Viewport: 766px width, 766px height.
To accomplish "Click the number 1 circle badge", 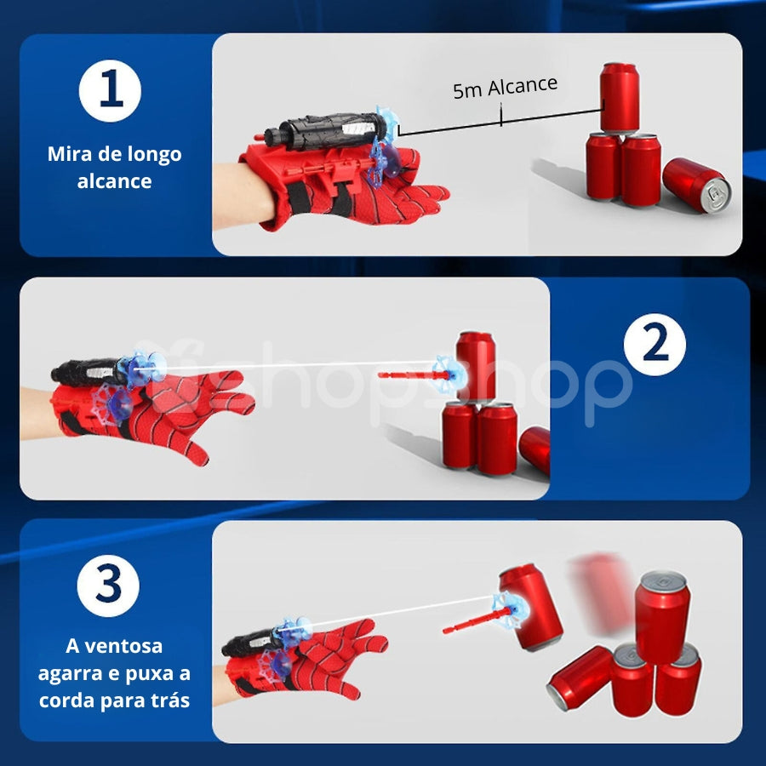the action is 110,90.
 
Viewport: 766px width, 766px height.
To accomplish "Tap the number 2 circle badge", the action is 655,345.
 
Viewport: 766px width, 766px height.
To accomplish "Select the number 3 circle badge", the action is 108,586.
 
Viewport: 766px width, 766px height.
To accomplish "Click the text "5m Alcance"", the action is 505,88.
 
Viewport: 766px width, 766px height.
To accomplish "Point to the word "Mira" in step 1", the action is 71,154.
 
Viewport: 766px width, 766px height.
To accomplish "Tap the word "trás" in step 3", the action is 170,700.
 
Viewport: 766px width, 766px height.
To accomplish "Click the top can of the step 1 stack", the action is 620,98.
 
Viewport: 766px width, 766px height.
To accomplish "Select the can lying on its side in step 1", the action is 696,185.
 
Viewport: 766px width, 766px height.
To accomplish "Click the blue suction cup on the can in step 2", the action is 449,374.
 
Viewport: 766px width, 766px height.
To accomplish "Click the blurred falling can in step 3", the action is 602,592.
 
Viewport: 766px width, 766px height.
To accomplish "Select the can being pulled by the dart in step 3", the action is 530,607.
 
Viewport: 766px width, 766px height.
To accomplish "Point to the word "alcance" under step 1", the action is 114,181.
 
